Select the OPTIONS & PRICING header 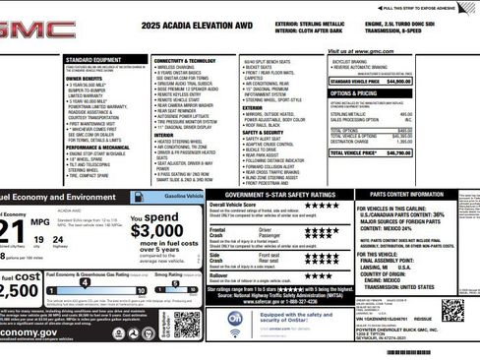click(358, 92)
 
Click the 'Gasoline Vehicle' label click(181, 197)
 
